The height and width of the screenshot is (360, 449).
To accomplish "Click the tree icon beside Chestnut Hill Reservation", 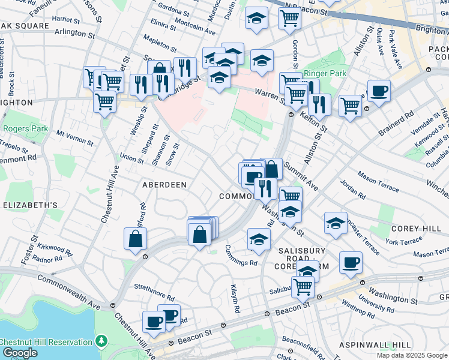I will click(101, 341).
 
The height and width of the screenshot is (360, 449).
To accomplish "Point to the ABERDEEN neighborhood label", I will click(163, 185).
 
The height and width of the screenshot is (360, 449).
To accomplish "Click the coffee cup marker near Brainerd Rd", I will click(379, 91).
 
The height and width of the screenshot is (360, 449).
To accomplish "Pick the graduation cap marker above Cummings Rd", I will click(258, 239).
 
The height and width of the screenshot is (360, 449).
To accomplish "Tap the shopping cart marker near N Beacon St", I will click(289, 18).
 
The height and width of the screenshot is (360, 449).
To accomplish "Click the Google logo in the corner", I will click(19, 353).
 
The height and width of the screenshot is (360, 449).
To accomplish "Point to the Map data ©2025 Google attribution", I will click(411, 355).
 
